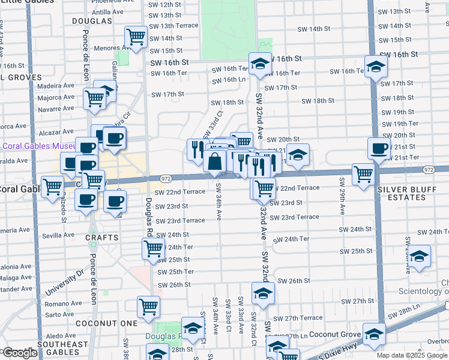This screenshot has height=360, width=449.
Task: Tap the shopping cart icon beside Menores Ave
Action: pos(136,37)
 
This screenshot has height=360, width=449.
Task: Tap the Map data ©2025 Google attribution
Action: pos(412,355)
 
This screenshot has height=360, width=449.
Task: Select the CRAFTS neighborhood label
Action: pos(102,238)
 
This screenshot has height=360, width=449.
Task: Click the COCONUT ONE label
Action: pos(99,323)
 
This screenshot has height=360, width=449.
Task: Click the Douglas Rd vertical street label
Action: pos(148,217)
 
